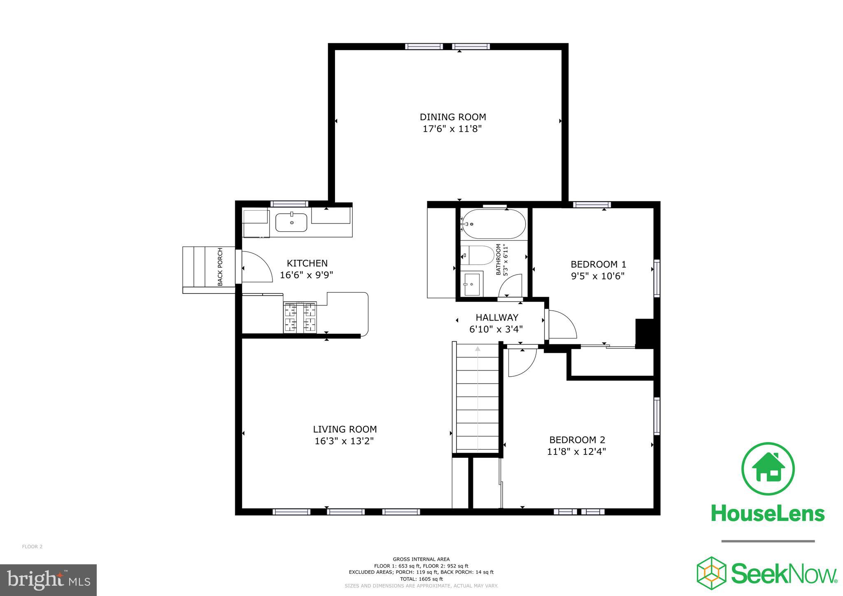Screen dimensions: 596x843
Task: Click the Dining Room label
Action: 452,117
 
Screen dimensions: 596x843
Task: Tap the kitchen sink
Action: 291,222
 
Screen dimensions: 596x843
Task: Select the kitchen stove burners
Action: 300,317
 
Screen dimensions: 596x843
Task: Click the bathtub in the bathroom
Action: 493,224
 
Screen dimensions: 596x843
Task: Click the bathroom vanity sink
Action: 472,284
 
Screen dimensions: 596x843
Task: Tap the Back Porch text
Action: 220,267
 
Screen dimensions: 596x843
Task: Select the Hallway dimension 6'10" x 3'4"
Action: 496,329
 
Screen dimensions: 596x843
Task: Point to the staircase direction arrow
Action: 477,349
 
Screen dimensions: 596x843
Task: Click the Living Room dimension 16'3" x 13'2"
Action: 344,441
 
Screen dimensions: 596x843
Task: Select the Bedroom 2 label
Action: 577,440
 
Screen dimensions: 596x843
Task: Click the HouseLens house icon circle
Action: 768,469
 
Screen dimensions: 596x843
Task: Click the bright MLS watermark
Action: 48,580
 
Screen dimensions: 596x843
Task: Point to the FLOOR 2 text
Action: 32,547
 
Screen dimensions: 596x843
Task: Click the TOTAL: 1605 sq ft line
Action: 421,579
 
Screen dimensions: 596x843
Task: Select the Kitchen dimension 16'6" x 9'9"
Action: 306,275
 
